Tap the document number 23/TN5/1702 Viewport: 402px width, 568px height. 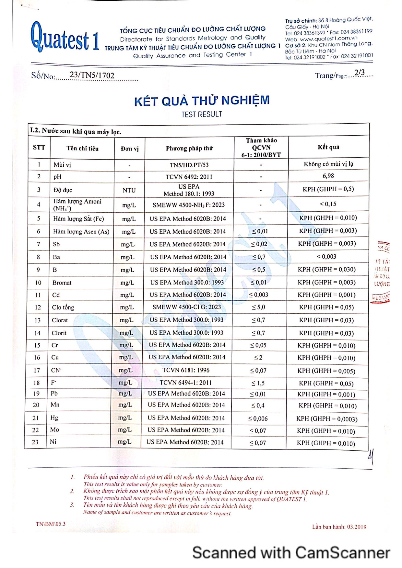coord(92,75)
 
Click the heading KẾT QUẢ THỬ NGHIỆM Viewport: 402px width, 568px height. coord(202,101)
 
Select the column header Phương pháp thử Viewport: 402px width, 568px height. coord(189,149)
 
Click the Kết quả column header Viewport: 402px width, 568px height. coord(328,147)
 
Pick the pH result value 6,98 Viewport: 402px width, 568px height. coord(328,176)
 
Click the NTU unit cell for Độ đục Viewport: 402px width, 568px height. coord(129,190)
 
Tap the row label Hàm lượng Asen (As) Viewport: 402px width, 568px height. coord(81,231)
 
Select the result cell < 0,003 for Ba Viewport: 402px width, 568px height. coord(326,257)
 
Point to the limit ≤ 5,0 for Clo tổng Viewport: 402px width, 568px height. coord(259,307)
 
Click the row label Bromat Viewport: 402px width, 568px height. coord(62,283)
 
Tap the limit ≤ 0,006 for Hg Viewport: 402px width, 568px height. coord(258,418)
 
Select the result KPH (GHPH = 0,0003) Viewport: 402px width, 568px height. coord(327,419)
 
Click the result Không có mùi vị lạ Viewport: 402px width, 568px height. coord(328,164)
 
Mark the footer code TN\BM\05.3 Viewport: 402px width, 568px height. coord(51,524)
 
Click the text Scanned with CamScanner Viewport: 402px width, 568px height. coord(291,552)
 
